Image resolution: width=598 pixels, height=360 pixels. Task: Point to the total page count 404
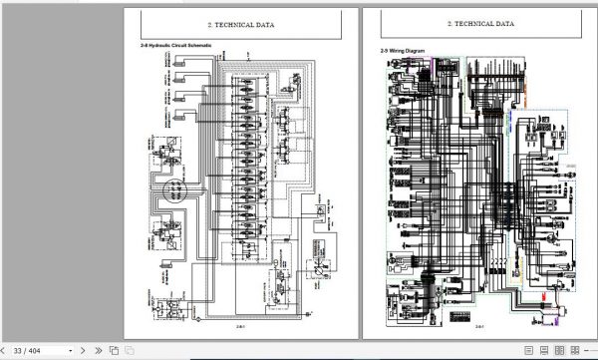click(x=36, y=350)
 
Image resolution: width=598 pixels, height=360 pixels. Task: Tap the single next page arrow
click(x=84, y=350)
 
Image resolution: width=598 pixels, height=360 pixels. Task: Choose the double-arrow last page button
click(x=98, y=350)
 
